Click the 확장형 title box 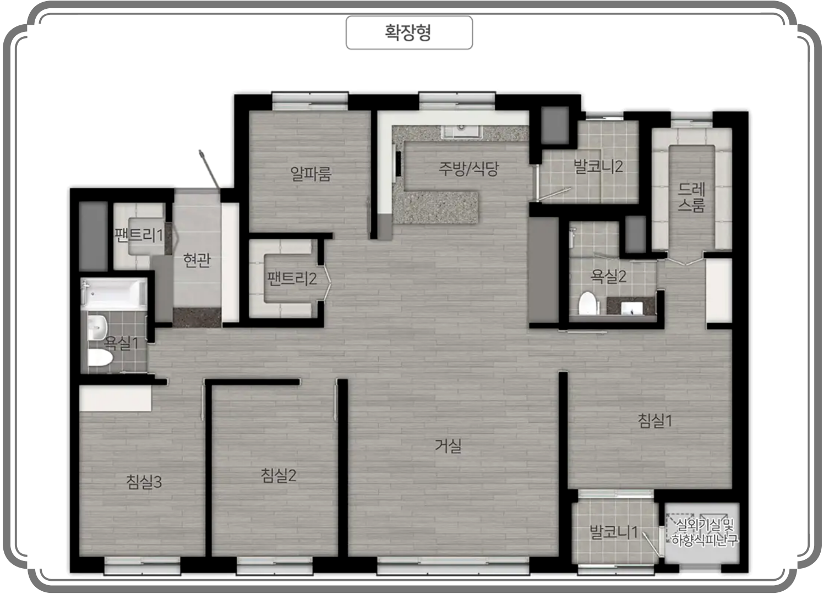pos(409,32)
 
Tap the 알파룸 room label pos(310,173)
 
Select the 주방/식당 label pos(468,169)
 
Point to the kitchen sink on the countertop pos(461,131)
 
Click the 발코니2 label pos(598,166)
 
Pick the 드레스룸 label pos(691,197)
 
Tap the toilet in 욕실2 pos(588,304)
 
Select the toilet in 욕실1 pos(100,358)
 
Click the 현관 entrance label pos(197,260)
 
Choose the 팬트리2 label pos(292,278)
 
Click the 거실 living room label pos(448,446)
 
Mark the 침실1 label pos(655,421)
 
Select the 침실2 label pos(279,475)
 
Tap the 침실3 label pos(144,482)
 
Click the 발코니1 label pos(614,532)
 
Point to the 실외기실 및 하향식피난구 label pos(705,532)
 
